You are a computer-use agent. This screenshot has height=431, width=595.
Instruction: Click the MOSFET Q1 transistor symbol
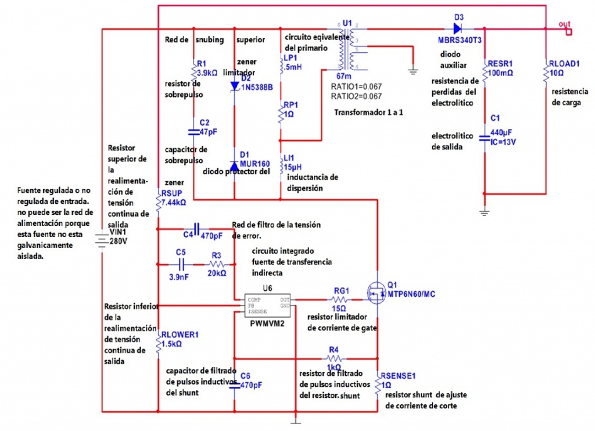click(377, 294)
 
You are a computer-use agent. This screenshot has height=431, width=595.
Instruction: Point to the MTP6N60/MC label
click(411, 294)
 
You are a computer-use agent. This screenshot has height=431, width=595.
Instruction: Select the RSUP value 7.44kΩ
click(174, 203)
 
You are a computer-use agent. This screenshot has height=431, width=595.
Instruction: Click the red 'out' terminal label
click(564, 24)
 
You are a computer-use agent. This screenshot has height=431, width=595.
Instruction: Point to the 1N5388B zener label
click(256, 87)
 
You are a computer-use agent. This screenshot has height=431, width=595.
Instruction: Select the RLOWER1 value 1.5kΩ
click(173, 344)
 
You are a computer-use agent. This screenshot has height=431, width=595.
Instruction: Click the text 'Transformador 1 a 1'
click(368, 112)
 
